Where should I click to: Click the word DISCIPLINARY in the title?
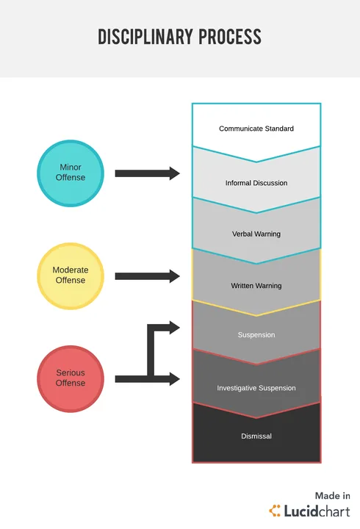[x=145, y=37]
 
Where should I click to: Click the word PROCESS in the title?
[x=230, y=37]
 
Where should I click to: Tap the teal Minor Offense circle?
[x=71, y=173]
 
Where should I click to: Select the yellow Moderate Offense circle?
[x=71, y=276]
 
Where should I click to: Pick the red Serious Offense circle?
[x=71, y=379]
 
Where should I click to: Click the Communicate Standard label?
[x=256, y=129]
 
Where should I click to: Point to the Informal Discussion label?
[x=256, y=183]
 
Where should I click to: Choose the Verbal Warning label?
[x=256, y=234]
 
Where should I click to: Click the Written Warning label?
[x=256, y=286]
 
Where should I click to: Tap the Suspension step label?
[x=256, y=335]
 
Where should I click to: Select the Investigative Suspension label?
[x=256, y=388]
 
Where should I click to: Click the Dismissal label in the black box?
[x=256, y=436]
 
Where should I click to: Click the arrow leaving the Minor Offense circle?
[x=148, y=173]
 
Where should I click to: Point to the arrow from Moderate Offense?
[x=148, y=276]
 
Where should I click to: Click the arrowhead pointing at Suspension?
[x=174, y=328]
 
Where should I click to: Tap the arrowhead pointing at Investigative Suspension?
[x=174, y=379]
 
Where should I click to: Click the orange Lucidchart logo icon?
[x=275, y=511]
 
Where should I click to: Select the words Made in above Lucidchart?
[x=333, y=496]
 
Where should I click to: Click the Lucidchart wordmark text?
[x=317, y=511]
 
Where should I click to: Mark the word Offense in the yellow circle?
[x=71, y=281]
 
